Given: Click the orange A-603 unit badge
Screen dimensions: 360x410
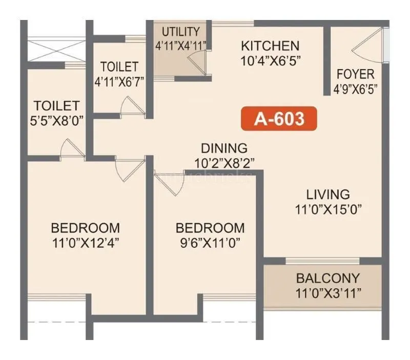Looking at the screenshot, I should [279, 119].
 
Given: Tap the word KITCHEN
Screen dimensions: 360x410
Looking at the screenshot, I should [270, 46].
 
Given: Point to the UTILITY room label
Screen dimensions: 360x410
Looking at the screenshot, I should [180, 32].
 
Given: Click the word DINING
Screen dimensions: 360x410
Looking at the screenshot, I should [224, 149].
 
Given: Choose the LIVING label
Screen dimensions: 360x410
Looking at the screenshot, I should [328, 195].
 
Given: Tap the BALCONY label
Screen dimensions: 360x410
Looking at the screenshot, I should [328, 279].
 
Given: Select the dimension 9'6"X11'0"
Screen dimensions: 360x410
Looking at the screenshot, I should [210, 242].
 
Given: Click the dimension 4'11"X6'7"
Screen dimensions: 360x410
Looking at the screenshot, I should [119, 80].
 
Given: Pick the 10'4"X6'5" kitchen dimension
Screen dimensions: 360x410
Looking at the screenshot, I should [270, 60].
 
